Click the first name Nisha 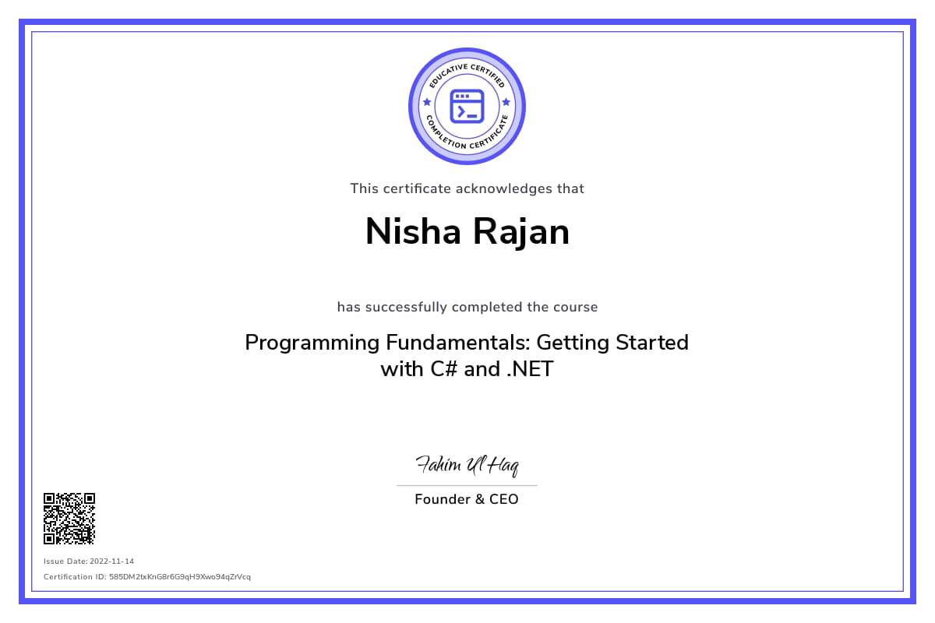point(413,231)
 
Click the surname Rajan point(521,233)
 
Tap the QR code point(69,519)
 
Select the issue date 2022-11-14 point(112,561)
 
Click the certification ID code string point(180,577)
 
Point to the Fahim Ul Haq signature point(467,465)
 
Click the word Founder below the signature point(443,499)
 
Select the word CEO point(504,499)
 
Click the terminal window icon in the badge point(467,107)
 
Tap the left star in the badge point(427,102)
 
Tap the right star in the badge point(506,102)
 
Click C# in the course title point(444,369)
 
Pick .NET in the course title point(530,369)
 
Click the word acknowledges point(504,189)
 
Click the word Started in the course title point(652,343)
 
